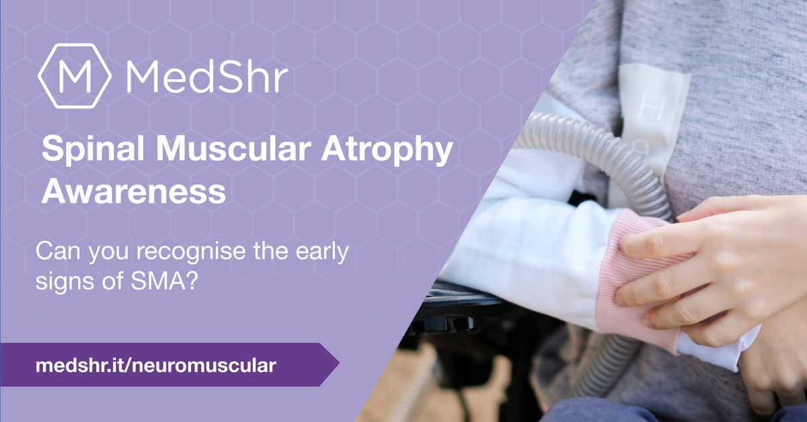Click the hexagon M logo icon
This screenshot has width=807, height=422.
75,76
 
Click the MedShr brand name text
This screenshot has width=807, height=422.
207,77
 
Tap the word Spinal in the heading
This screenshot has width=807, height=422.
93,149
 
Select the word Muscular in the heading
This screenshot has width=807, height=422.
233,149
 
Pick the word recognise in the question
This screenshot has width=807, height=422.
191,251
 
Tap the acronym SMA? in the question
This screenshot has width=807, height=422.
164,281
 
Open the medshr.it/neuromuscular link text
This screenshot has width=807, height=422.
156,365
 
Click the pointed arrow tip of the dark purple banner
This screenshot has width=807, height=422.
339,364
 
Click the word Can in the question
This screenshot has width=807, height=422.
58,251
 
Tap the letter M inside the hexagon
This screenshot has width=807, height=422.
75,77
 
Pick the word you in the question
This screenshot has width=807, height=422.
108,253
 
